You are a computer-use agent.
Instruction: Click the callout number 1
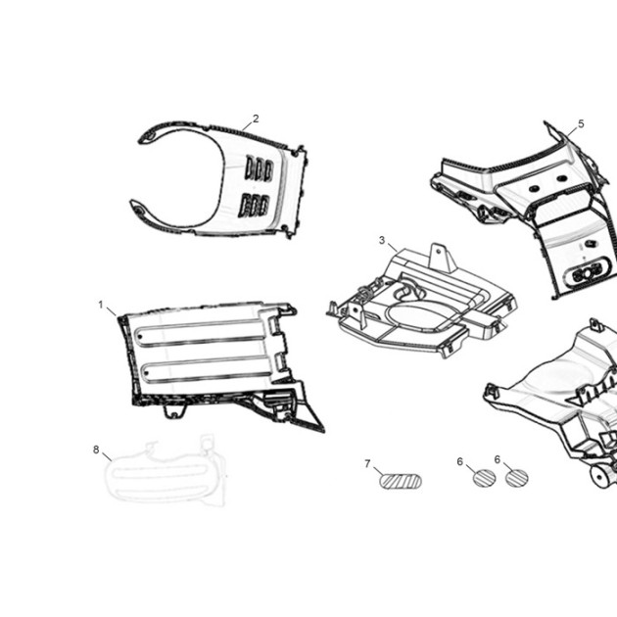click(x=101, y=305)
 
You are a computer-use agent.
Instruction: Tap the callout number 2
click(x=256, y=119)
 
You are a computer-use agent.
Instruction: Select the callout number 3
click(x=382, y=240)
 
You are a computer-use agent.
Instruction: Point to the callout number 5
click(x=581, y=124)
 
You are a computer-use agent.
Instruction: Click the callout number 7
click(x=367, y=464)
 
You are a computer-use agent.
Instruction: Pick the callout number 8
click(x=96, y=450)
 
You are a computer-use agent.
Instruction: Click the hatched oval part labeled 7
click(x=401, y=481)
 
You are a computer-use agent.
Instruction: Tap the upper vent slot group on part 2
click(x=260, y=169)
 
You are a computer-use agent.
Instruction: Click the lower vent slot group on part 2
click(x=254, y=206)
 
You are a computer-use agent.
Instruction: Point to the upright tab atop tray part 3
click(x=443, y=259)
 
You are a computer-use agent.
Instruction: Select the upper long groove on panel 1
click(x=200, y=333)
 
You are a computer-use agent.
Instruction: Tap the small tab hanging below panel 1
click(x=174, y=410)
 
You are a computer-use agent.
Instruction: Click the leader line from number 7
click(x=379, y=471)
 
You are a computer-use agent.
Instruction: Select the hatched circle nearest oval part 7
click(x=484, y=478)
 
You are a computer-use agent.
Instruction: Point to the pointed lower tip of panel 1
click(x=323, y=431)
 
